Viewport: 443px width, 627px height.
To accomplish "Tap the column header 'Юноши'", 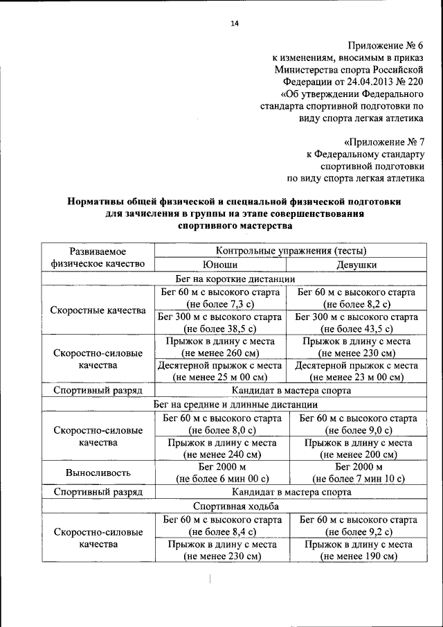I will pyautogui.click(x=220, y=265).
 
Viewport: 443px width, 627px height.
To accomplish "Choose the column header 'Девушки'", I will pyautogui.click(x=356, y=265).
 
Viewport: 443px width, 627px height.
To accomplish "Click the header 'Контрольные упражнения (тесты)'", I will pyautogui.click(x=291, y=251).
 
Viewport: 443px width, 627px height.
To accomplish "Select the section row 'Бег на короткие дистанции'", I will pyautogui.click(x=235, y=279).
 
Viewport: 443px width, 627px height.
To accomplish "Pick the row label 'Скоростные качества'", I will pyautogui.click(x=98, y=310).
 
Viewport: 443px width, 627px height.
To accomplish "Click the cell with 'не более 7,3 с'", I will pyautogui.click(x=220, y=305).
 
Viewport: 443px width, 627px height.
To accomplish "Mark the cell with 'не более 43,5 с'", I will pyautogui.click(x=356, y=329).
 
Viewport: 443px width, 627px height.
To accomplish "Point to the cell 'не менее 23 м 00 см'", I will pyautogui.click(x=356, y=378).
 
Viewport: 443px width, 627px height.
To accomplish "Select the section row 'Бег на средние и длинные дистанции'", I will pyautogui.click(x=235, y=404).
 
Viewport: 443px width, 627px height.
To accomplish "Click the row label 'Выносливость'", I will pyautogui.click(x=98, y=473).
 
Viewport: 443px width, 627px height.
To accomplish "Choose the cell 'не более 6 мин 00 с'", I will pyautogui.click(x=220, y=479).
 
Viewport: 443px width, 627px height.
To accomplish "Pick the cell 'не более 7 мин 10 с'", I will pyautogui.click(x=356, y=479).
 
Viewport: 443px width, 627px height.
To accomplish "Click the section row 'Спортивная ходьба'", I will pyautogui.click(x=235, y=506).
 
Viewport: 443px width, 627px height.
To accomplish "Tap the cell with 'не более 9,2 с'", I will pyautogui.click(x=356, y=531).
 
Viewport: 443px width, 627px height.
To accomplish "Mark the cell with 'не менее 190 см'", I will pyautogui.click(x=356, y=556).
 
